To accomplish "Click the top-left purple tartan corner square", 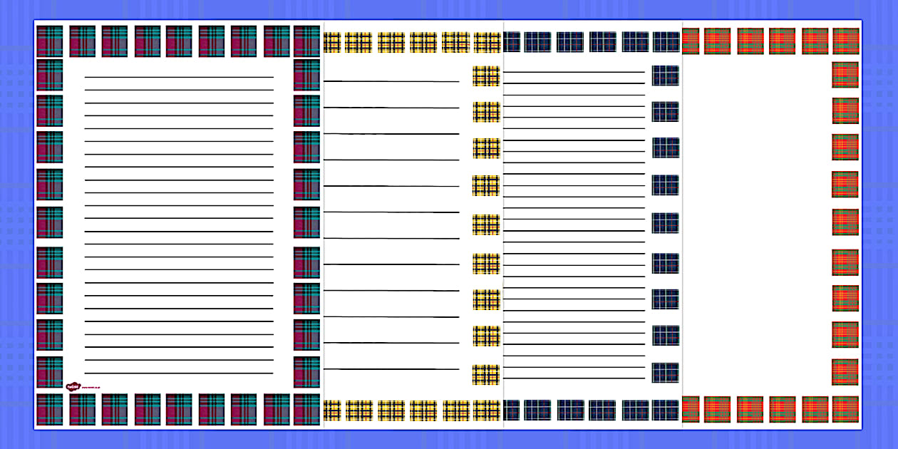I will point(50,41).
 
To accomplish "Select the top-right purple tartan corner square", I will point(306,41).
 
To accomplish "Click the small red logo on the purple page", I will point(72,387).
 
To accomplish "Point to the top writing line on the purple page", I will point(179,77).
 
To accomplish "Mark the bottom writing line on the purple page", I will point(179,373).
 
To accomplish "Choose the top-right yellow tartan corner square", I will point(487,42).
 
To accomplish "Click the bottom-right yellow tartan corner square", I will point(487,411).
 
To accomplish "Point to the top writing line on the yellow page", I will point(391,81).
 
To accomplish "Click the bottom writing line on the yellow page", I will point(391,369).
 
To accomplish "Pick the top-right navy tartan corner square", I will point(666,41).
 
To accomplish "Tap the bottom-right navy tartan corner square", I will point(666,410).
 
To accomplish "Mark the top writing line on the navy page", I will point(574,72).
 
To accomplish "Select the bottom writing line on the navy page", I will point(574,378).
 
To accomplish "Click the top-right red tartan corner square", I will point(845,41).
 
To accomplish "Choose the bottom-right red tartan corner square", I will point(845,409).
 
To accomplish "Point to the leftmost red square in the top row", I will point(690,41).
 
